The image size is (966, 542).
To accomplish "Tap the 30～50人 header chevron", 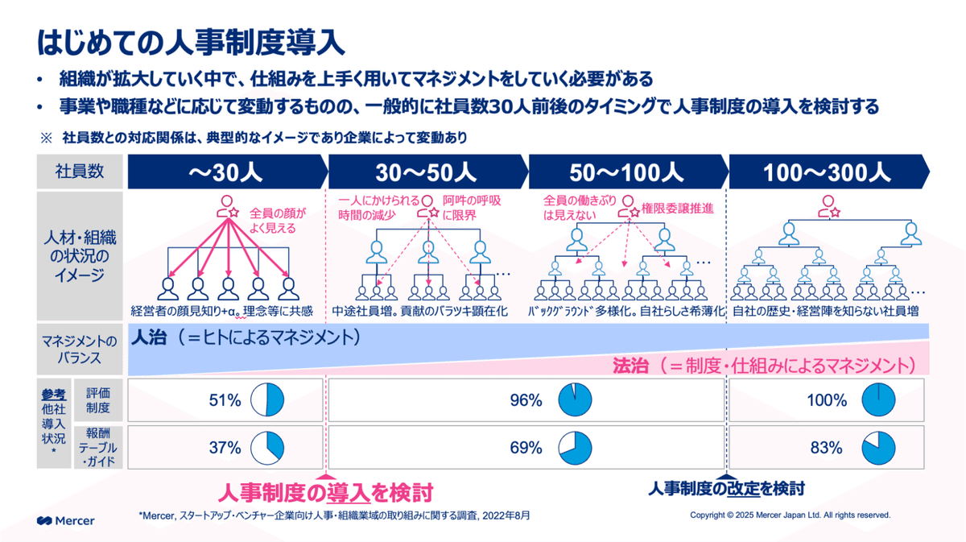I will (x=427, y=172).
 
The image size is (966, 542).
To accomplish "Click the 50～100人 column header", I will (x=626, y=172).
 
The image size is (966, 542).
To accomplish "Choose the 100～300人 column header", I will (x=827, y=172).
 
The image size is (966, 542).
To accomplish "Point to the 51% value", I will (x=225, y=399).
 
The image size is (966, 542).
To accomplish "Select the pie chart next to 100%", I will (x=878, y=399).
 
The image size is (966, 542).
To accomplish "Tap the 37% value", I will (x=225, y=447).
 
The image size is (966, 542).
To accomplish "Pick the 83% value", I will (x=826, y=447).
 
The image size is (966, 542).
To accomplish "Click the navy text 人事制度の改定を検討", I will (x=726, y=488).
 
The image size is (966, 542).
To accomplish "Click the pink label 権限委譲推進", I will (x=677, y=209).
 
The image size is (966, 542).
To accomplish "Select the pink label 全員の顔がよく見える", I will (x=279, y=221).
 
